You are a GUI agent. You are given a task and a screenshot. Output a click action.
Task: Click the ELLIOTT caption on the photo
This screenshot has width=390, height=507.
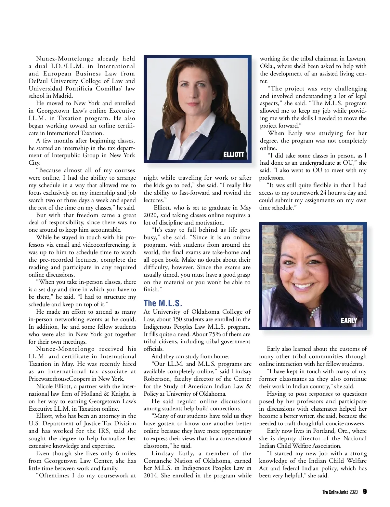[x=233, y=154]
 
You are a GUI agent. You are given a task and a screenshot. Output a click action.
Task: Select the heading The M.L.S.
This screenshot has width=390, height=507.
[x=162, y=303]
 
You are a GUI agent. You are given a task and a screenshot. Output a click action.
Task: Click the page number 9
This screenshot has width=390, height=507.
[x=365, y=491]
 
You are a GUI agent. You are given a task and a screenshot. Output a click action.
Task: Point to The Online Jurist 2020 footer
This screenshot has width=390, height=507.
[x=340, y=492]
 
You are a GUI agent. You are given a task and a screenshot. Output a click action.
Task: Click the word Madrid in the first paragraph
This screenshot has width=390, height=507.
[x=64, y=96]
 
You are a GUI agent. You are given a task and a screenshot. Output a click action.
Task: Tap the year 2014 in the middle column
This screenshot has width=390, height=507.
[x=150, y=475]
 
